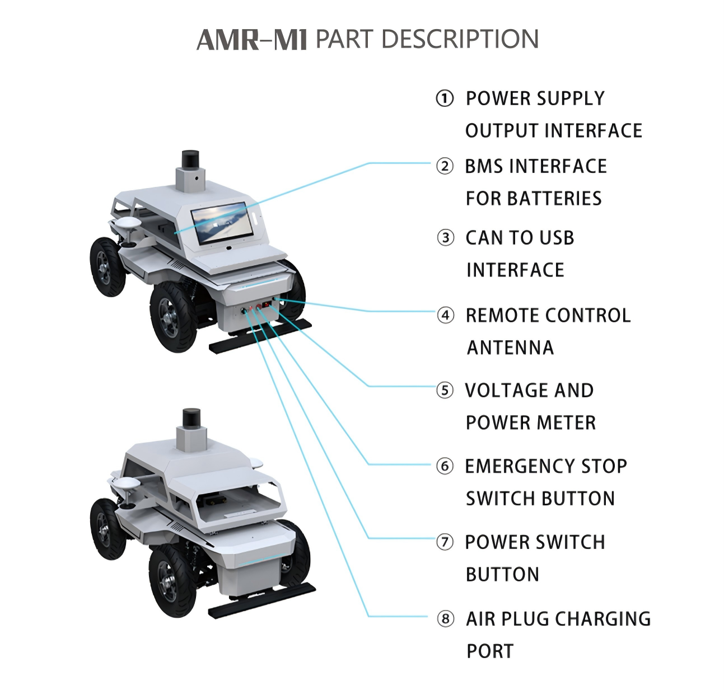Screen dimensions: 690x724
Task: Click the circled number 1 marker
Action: tap(445, 98)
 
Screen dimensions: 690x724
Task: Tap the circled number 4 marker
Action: tap(445, 316)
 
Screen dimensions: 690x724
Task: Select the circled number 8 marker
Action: tap(445, 618)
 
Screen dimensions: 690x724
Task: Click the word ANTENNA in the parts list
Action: tap(510, 348)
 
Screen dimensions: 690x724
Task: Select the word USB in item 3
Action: tap(553, 238)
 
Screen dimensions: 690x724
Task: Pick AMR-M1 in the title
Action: tap(252, 40)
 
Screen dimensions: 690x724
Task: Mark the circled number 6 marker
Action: tap(445, 466)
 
